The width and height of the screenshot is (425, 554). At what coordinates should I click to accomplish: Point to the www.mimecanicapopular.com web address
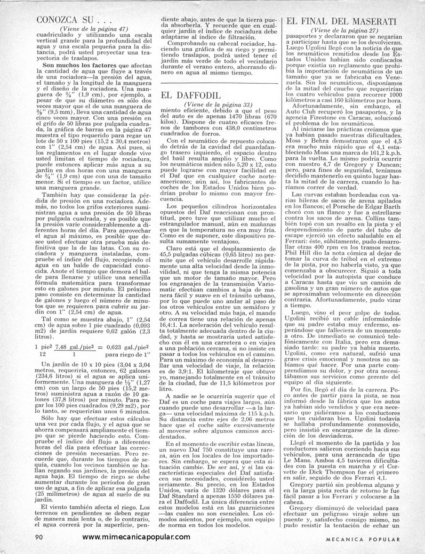click(x=136, y=537)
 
